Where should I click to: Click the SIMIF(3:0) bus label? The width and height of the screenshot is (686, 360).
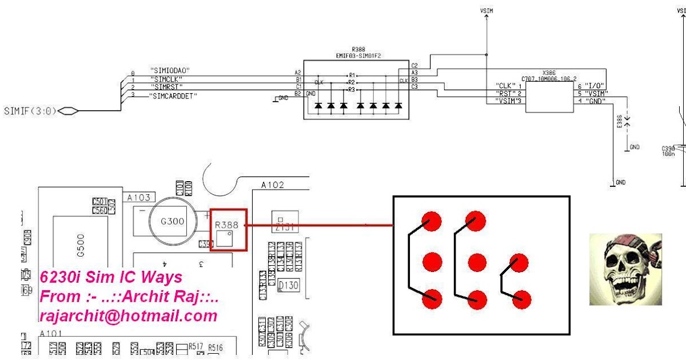[30, 111]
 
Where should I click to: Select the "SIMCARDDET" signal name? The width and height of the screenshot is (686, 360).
[173, 96]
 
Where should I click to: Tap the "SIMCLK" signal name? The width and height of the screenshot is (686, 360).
[166, 79]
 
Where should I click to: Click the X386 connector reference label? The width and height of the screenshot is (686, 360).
[549, 73]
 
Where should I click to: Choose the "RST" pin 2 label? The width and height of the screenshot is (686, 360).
[505, 93]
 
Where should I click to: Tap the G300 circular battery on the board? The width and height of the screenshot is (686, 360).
[172, 221]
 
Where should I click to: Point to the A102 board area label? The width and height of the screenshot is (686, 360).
[272, 185]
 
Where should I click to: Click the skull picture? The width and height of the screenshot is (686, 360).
[625, 269]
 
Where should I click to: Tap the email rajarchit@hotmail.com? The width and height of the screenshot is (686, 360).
[129, 316]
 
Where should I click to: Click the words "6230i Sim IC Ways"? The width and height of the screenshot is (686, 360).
[111, 278]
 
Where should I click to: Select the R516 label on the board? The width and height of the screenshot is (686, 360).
[216, 347]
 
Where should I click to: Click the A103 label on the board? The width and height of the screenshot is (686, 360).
[139, 198]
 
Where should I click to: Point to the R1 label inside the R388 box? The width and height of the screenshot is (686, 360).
[352, 75]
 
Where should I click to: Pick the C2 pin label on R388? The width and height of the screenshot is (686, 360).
[414, 65]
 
